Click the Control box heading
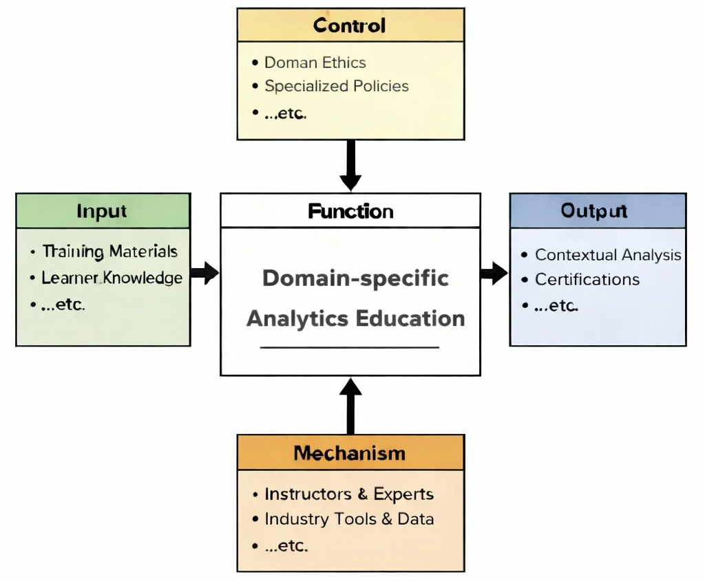(x=350, y=26)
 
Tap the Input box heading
(x=102, y=211)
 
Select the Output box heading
(x=594, y=210)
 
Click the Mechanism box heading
(x=350, y=453)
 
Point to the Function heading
(x=350, y=211)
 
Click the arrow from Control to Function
(x=350, y=165)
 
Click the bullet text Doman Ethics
(x=315, y=63)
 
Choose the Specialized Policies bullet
(x=337, y=87)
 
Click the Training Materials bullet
(x=110, y=252)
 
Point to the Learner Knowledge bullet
(x=112, y=278)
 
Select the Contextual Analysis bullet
(x=608, y=255)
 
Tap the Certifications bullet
(x=587, y=280)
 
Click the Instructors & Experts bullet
(x=349, y=494)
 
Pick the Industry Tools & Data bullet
(x=349, y=519)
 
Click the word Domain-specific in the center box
(x=356, y=278)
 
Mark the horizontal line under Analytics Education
(x=350, y=348)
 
